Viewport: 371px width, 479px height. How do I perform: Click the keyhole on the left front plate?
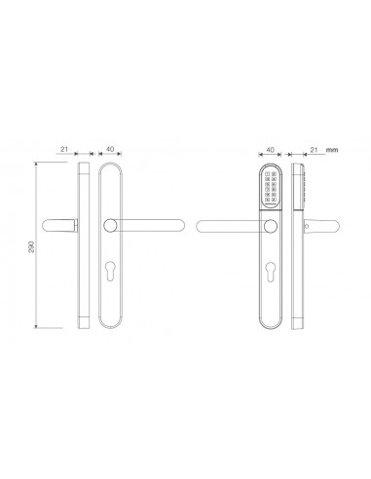pyautogui.click(x=109, y=269)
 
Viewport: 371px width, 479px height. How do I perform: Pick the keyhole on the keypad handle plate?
pyautogui.click(x=269, y=270)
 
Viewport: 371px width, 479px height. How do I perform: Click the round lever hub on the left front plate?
pyautogui.click(x=109, y=227)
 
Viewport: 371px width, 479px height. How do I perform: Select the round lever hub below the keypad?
pyautogui.click(x=269, y=228)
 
